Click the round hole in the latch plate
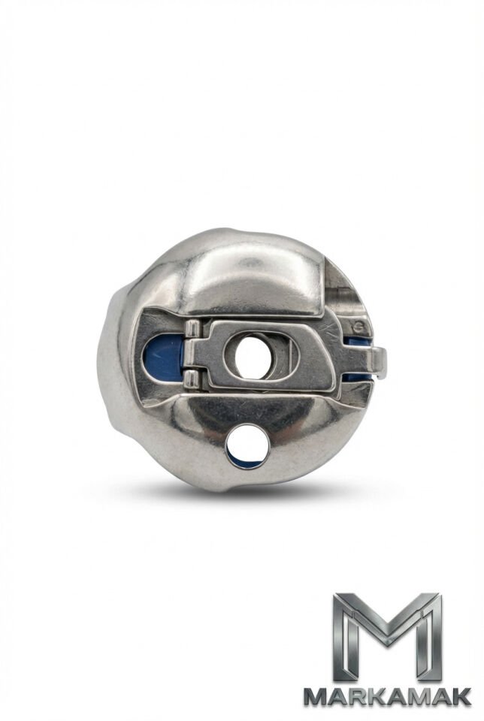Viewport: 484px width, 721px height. pos(251,356)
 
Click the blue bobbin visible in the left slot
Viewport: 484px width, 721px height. pos(163,356)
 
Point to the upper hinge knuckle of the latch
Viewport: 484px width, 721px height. pos(192,332)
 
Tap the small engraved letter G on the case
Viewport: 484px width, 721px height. pos(358,328)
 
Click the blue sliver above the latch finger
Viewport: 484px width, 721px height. pos(358,341)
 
